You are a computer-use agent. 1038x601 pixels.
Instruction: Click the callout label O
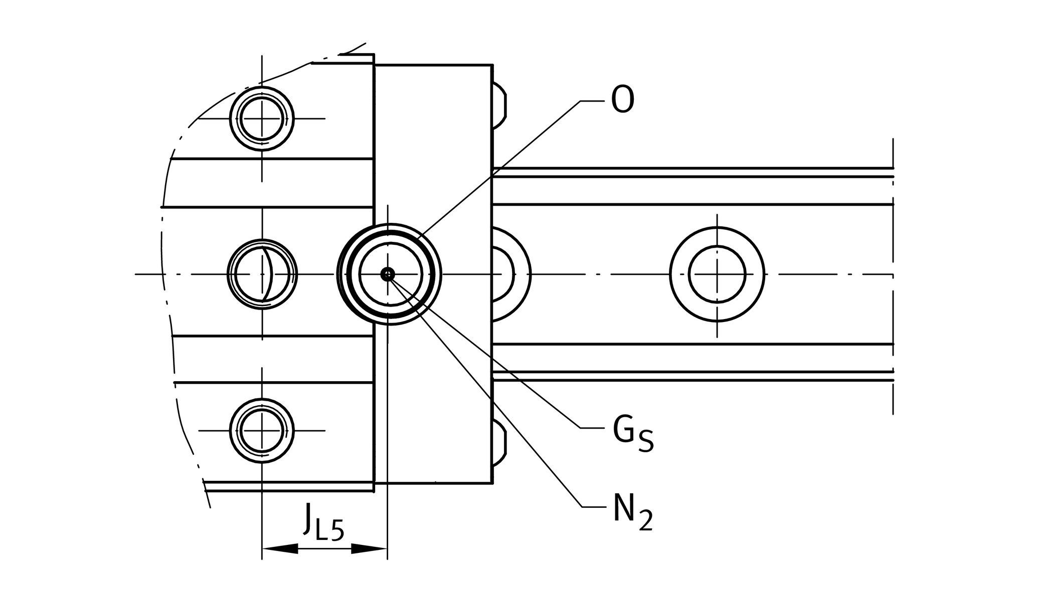tap(623, 100)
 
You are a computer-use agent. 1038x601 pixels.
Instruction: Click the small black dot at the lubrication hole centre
tap(388, 274)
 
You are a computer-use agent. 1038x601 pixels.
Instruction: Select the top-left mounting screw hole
tap(262, 119)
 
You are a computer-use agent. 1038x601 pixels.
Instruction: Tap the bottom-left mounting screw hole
tap(262, 430)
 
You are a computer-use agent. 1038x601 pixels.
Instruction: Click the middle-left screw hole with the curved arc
tap(262, 274)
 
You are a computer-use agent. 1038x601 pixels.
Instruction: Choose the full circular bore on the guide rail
tap(717, 274)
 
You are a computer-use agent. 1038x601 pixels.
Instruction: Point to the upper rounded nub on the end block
tap(499, 106)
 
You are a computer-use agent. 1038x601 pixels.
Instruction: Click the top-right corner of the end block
tap(492, 65)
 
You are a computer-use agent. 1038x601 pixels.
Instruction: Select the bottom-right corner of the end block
tap(492, 483)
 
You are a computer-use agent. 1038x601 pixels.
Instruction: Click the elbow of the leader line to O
tap(581, 101)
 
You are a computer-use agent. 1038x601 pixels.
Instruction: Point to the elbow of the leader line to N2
tap(582, 507)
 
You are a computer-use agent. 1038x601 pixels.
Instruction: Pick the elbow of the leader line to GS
tap(581, 428)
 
